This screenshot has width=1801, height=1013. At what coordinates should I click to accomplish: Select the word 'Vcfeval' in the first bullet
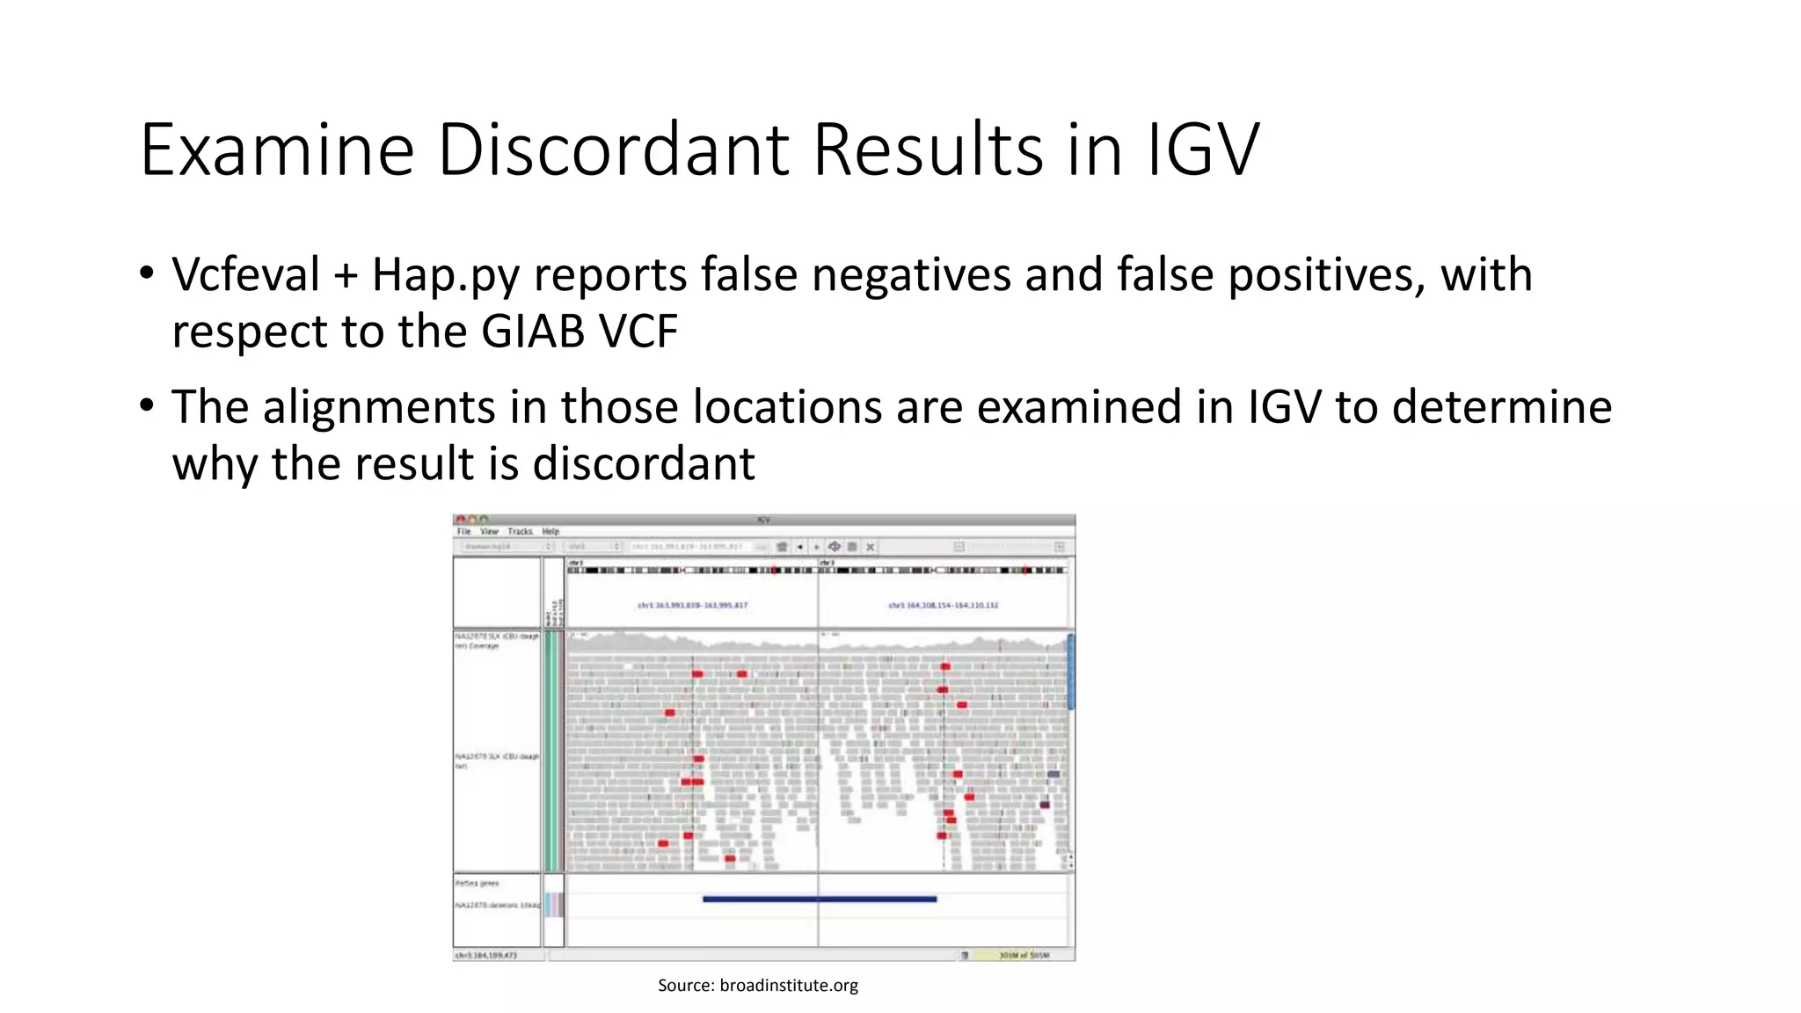pyautogui.click(x=245, y=274)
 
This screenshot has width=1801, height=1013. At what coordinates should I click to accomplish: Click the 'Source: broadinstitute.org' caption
pyautogui.click(x=757, y=986)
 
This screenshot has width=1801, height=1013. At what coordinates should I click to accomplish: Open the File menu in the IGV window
pyautogui.click(x=463, y=532)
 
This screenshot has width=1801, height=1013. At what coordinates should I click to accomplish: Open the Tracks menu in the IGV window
pyautogui.click(x=520, y=532)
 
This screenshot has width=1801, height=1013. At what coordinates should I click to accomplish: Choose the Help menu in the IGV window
pyautogui.click(x=551, y=532)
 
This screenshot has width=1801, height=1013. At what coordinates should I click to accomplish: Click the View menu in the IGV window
pyautogui.click(x=489, y=532)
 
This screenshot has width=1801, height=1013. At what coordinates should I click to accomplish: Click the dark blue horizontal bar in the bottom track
pyautogui.click(x=819, y=899)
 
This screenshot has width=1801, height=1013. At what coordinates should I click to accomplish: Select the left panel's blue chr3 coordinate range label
pyautogui.click(x=692, y=605)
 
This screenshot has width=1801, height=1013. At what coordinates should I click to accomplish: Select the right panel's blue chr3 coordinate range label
pyautogui.click(x=943, y=605)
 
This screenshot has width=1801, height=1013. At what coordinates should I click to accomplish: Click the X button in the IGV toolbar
pyautogui.click(x=870, y=547)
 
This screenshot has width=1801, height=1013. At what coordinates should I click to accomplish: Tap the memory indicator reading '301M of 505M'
pyautogui.click(x=1024, y=955)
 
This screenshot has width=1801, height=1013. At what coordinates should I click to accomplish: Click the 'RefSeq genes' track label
pyautogui.click(x=478, y=883)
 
